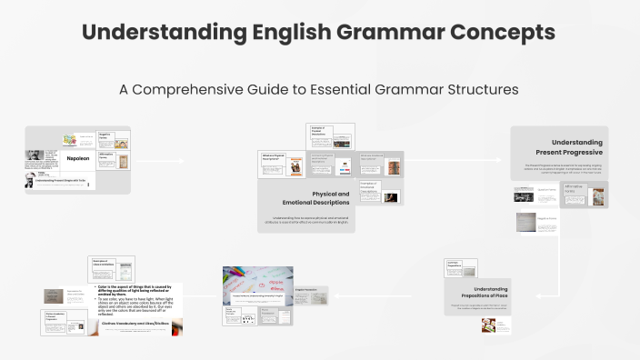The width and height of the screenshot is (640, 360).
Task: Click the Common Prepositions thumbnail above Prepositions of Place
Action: point(461,266)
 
